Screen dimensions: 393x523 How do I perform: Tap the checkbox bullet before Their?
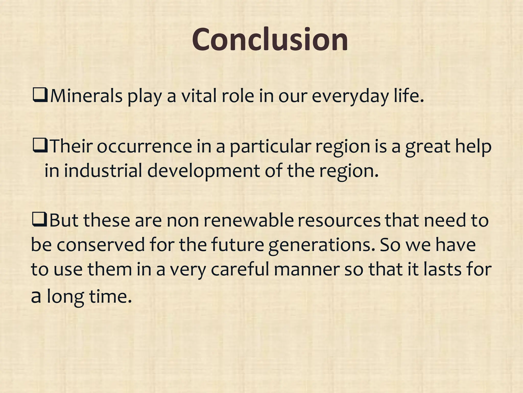[40, 147]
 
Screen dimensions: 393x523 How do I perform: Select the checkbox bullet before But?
[39, 221]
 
